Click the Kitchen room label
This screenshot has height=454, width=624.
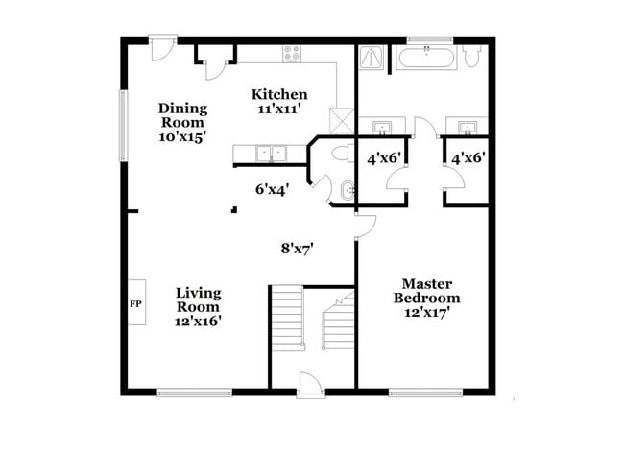tap(279, 94)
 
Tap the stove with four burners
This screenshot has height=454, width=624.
tap(292, 55)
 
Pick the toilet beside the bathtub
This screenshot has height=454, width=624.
tap(471, 57)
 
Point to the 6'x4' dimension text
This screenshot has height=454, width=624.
tap(272, 189)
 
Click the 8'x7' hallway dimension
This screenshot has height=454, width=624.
tap(298, 248)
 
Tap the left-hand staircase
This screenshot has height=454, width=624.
tap(287, 323)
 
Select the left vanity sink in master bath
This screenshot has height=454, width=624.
tap(381, 127)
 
